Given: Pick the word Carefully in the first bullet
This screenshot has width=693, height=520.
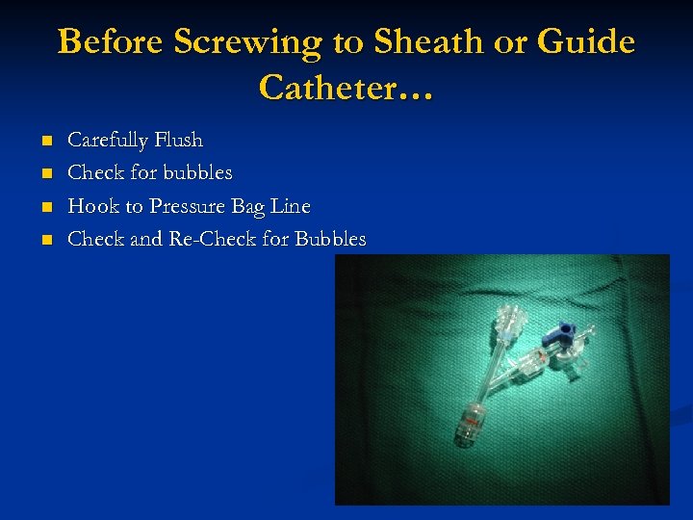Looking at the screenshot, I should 108,141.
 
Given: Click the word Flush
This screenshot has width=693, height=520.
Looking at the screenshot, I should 178,141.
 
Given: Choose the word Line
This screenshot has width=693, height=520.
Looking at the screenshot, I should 293,206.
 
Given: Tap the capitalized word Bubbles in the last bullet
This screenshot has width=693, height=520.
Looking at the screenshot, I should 331,239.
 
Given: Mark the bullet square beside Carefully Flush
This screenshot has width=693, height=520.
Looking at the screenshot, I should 45,142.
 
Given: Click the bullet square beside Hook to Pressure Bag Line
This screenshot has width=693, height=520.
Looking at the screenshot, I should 45,207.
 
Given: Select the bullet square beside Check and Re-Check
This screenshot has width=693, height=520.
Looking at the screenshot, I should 45,240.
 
